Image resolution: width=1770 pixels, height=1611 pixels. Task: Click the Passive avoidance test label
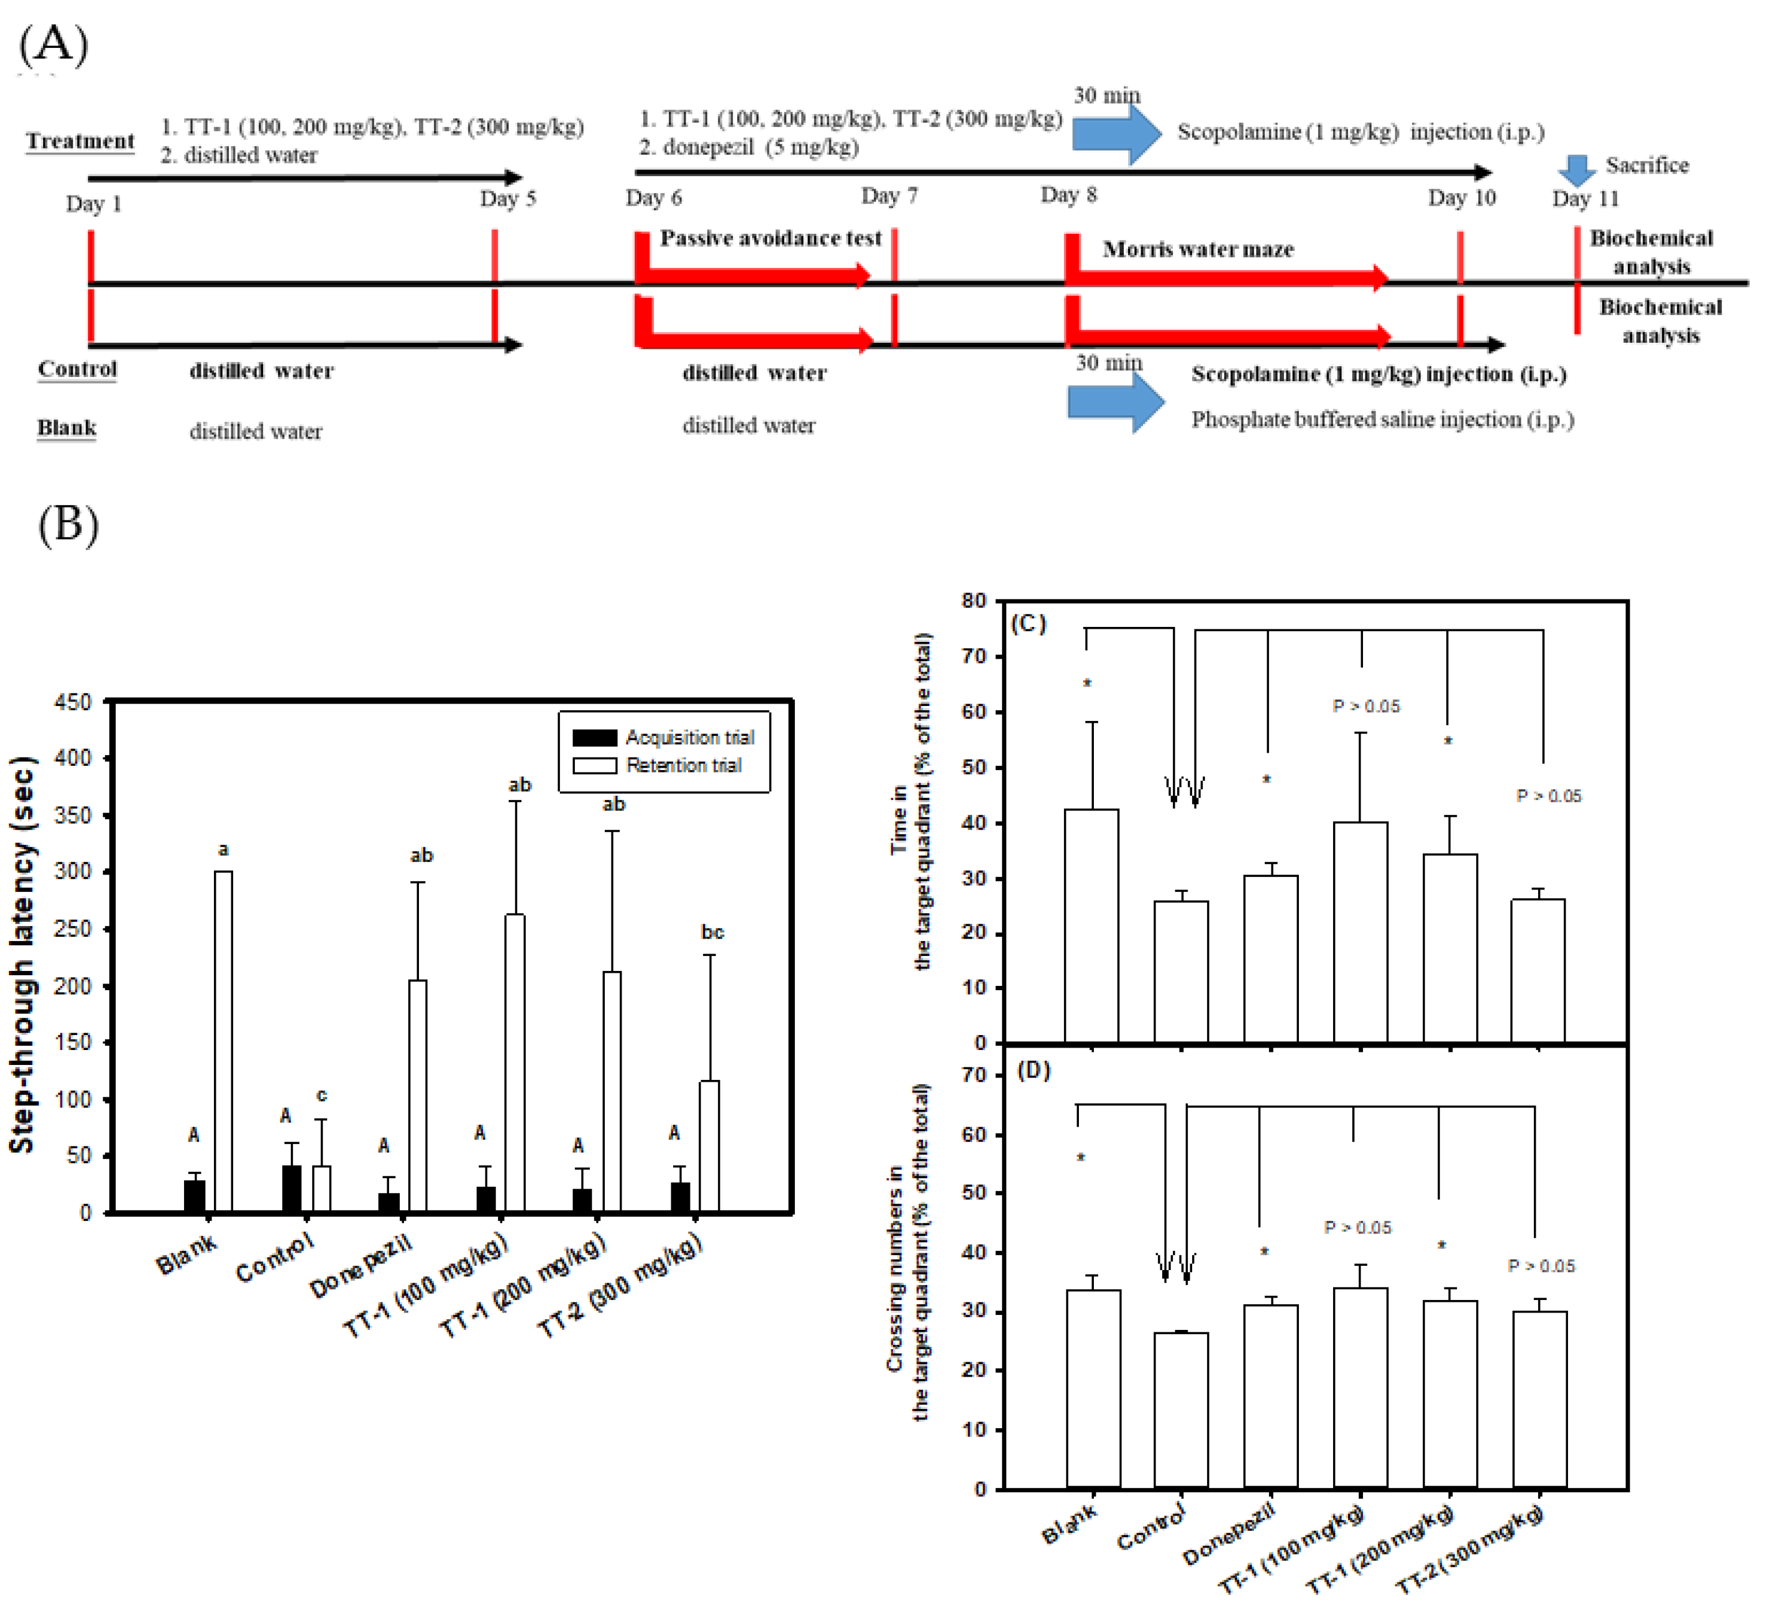point(770,238)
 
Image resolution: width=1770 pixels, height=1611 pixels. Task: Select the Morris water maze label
point(1198,249)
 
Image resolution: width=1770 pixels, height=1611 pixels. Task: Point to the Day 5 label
point(508,198)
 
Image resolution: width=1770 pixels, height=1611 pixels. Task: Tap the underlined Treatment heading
point(80,141)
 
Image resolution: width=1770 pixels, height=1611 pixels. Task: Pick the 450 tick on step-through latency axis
point(73,702)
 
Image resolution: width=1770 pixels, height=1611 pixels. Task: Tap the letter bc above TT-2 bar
point(712,933)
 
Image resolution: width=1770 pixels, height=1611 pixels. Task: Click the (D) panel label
point(1033,1071)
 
